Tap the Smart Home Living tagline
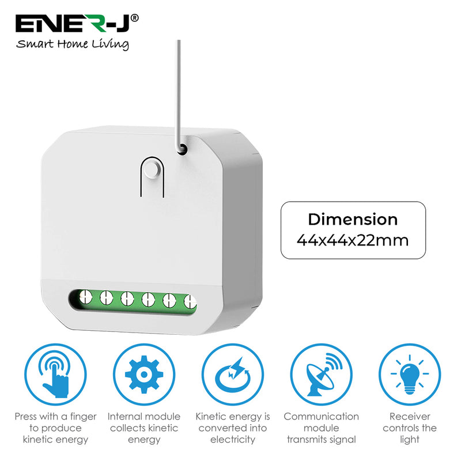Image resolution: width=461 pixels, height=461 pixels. click(x=73, y=44)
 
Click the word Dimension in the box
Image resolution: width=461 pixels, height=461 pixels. click(x=353, y=220)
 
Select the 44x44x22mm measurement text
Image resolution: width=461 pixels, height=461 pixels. click(x=353, y=240)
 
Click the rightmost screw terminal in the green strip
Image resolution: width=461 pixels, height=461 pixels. click(x=189, y=301)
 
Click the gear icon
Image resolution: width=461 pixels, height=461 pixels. click(x=143, y=373)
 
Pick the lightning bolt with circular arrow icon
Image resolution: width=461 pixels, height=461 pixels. click(x=232, y=373)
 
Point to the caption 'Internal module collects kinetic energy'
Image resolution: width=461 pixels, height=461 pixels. click(x=143, y=428)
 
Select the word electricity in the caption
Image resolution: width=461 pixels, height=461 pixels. click(x=232, y=440)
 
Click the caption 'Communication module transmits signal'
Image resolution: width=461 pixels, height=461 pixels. click(x=321, y=428)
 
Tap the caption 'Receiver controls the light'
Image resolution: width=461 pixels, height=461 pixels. click(x=410, y=428)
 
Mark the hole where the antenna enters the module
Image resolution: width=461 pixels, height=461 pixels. click(x=182, y=149)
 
